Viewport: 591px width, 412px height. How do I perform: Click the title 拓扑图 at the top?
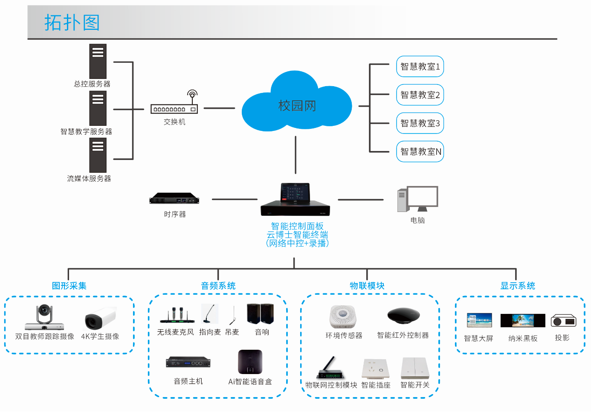pyautogui.click(x=72, y=22)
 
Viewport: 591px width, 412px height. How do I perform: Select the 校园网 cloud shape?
pyautogui.click(x=297, y=105)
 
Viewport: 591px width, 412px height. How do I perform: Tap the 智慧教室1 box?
pyautogui.click(x=420, y=67)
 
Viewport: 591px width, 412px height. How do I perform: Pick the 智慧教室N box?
pyautogui.click(x=420, y=151)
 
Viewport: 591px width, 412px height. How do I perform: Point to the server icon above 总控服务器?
pyautogui.click(x=98, y=61)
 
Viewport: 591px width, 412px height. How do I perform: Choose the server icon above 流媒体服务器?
pyautogui.click(x=98, y=155)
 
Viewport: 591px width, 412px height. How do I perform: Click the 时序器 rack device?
pyautogui.click(x=174, y=199)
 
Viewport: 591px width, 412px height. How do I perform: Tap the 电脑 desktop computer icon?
pyautogui.click(x=417, y=199)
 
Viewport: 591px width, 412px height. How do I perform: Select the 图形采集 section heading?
pyautogui.click(x=69, y=286)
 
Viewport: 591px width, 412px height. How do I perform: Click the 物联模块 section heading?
pyautogui.click(x=367, y=286)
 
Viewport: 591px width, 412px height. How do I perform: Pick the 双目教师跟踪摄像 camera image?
pyautogui.click(x=44, y=317)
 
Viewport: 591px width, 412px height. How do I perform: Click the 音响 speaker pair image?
pyautogui.click(x=260, y=314)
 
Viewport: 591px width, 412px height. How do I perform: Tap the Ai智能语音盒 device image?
pyautogui.click(x=250, y=362)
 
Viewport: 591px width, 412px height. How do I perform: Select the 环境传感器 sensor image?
pyautogui.click(x=343, y=316)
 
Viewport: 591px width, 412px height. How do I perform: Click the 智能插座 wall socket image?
pyautogui.click(x=376, y=368)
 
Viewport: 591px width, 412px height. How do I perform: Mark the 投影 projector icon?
pyautogui.click(x=563, y=321)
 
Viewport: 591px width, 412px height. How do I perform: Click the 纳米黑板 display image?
pyautogui.click(x=522, y=320)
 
